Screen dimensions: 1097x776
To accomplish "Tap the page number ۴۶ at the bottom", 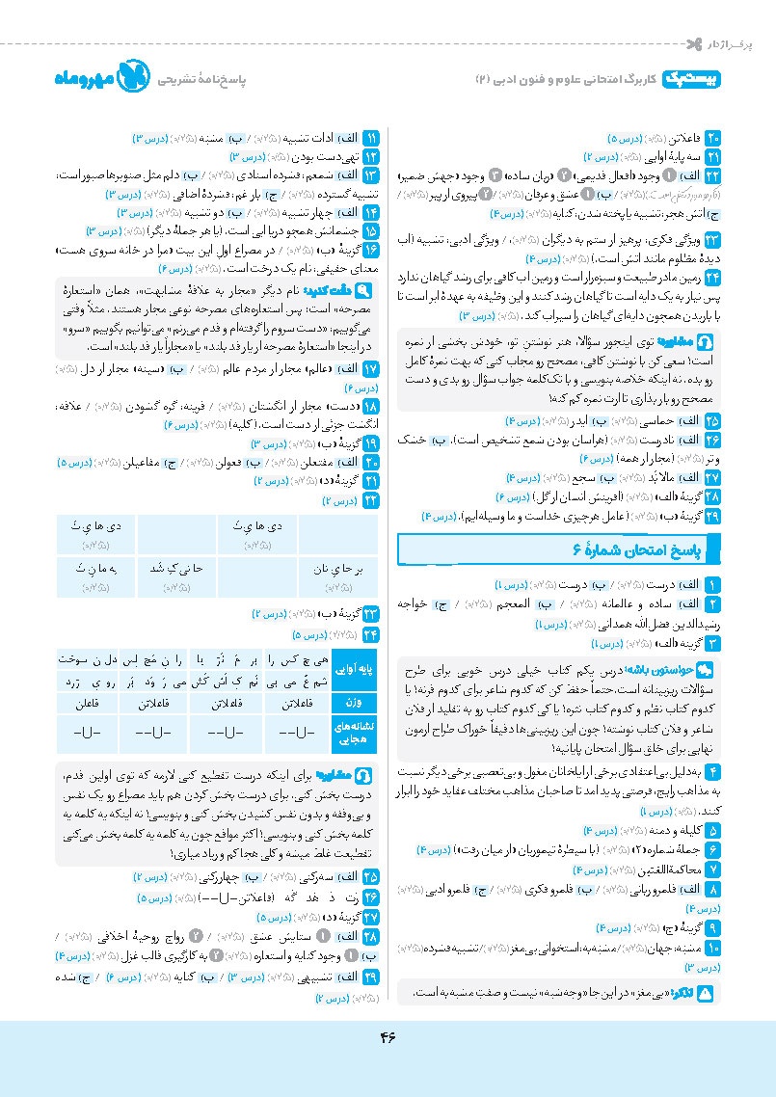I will click(x=388, y=1036).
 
